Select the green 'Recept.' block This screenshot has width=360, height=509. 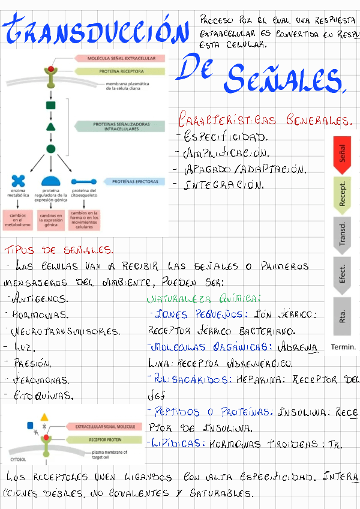click(342, 194)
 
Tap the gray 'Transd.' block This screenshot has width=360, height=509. click(342, 235)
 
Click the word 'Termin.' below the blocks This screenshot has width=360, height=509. click(343, 347)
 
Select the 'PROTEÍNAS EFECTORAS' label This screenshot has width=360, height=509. click(136, 181)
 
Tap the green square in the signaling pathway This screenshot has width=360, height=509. click(51, 106)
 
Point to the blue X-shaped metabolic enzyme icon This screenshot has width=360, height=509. click(18, 179)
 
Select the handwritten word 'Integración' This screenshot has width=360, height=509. click(224, 185)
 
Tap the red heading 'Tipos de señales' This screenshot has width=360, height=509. click(57, 249)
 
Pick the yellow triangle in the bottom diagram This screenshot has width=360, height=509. click(44, 417)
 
